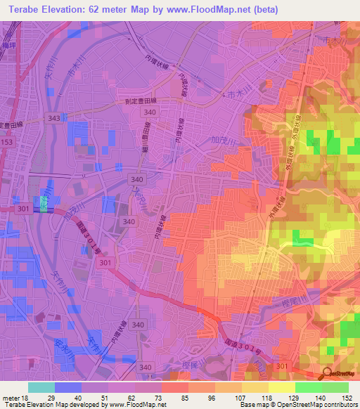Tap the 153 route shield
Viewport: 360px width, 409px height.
[x=6, y=142]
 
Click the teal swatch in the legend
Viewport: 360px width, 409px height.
[x=41, y=387]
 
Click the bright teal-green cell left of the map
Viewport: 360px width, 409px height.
[x=44, y=204]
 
